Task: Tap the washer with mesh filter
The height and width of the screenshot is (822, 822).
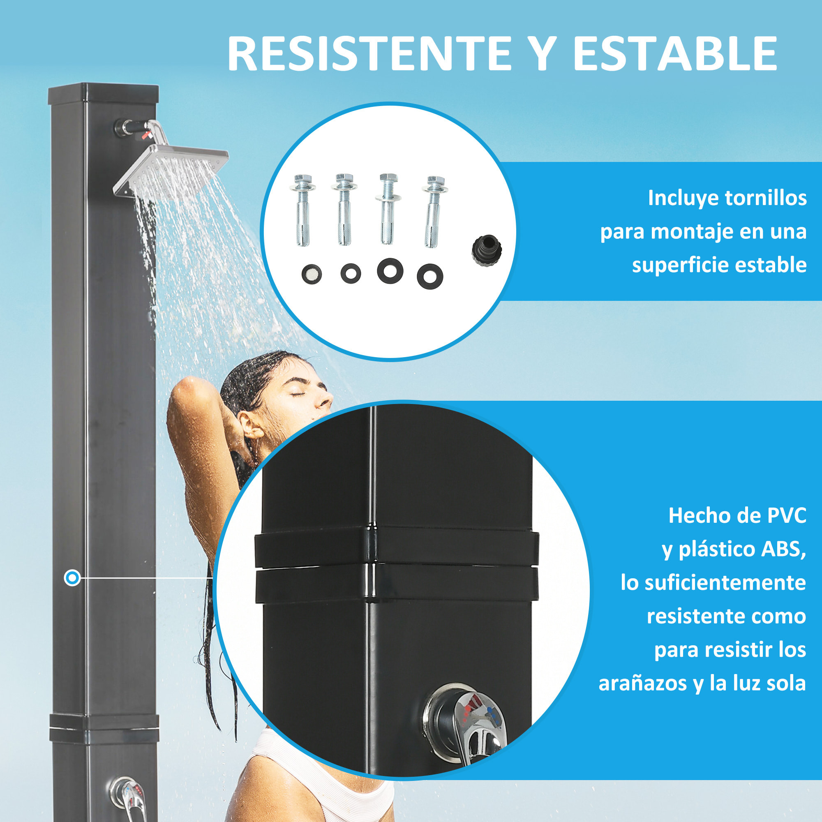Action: [x=312, y=275]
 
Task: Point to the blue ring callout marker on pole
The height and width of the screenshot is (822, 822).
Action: [x=72, y=578]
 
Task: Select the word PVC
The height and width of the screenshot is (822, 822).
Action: [x=786, y=516]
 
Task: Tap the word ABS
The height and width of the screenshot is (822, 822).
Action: [x=784, y=549]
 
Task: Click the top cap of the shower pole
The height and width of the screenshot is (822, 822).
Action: [x=104, y=94]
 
